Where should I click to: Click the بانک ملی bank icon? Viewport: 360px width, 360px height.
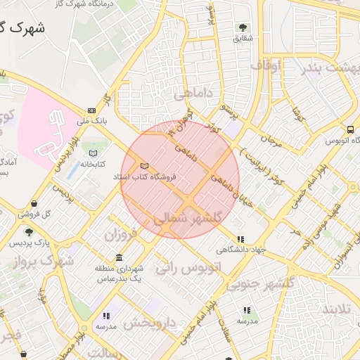tap(92, 110)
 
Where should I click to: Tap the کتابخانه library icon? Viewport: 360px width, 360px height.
tap(93, 153)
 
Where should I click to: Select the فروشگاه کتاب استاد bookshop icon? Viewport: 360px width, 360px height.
tap(145, 165)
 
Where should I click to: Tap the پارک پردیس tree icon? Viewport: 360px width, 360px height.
tap(29, 232)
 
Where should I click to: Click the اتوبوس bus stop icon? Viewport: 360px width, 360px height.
tap(350, 129)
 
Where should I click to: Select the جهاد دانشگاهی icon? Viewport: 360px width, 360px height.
tap(241, 239)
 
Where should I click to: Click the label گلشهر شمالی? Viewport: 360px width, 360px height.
tap(187, 219)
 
